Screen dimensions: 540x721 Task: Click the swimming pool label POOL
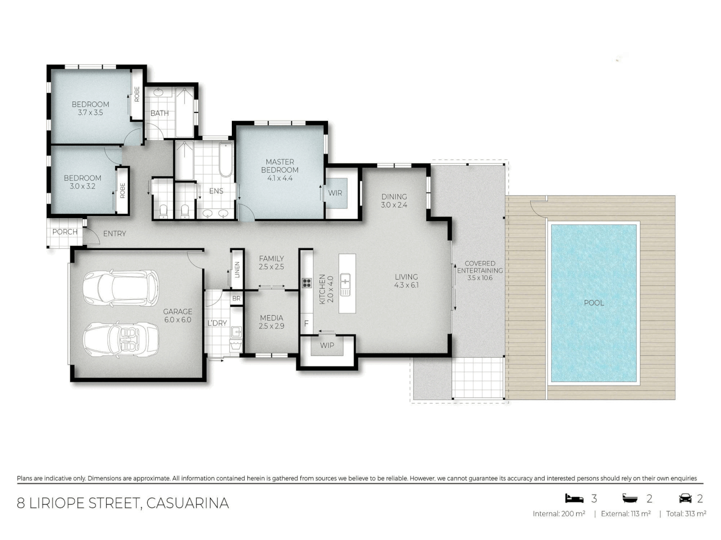click(x=594, y=302)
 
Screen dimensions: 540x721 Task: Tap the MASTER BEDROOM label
click(x=280, y=169)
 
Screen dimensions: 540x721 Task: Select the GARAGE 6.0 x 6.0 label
click(x=177, y=315)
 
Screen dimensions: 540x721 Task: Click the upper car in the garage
click(x=120, y=287)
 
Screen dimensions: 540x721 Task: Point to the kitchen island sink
click(x=345, y=284)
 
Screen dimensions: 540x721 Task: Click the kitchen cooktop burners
click(x=306, y=283)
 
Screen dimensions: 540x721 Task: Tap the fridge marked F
click(x=306, y=324)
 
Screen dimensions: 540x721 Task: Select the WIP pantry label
click(x=327, y=345)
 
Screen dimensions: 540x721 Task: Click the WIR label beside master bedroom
click(x=335, y=192)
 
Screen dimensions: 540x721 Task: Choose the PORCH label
click(x=65, y=232)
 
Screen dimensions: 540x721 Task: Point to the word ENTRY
click(x=115, y=233)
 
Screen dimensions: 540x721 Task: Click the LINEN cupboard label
click(x=237, y=269)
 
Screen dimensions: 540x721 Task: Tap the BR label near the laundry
click(x=236, y=298)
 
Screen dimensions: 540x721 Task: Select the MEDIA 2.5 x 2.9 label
click(x=271, y=321)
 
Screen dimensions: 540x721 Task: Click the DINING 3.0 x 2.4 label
click(x=394, y=200)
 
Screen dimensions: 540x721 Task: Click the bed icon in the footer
click(x=574, y=498)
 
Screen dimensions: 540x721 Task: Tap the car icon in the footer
click(x=685, y=498)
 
